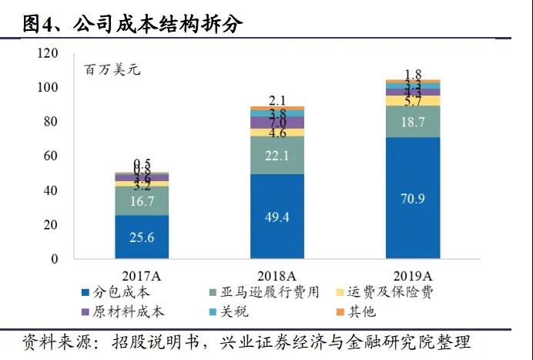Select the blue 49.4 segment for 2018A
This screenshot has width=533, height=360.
coord(277,217)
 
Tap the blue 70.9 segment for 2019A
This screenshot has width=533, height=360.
coord(412,198)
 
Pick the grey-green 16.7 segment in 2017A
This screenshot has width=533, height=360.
coord(142,200)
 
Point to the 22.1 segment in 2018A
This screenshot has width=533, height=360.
coord(277,155)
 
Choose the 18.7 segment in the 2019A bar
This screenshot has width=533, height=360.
coord(412,121)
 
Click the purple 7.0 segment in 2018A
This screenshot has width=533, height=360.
coord(277,123)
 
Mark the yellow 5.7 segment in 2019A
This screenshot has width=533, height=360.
coord(412,100)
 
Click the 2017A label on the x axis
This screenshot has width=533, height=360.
coord(142,274)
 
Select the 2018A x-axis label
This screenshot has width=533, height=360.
coord(277,274)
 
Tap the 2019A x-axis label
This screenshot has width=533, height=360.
coord(412,274)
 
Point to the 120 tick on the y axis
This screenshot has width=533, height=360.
coord(48,53)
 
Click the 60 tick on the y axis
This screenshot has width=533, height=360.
coord(51,156)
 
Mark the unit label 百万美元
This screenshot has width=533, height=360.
coord(112,70)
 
